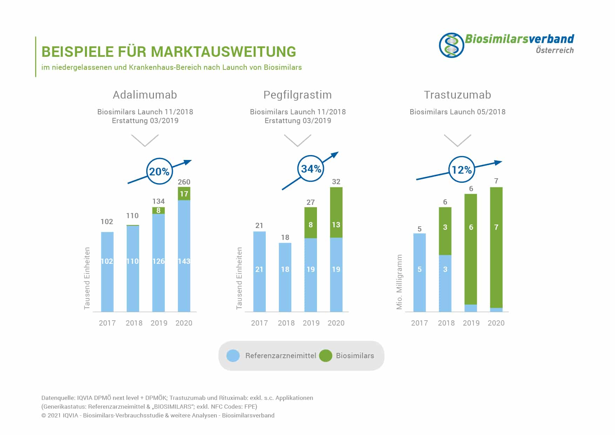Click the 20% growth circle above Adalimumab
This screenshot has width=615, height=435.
159,172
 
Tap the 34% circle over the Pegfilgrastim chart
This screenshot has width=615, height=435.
311,169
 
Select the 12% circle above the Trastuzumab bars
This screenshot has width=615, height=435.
461,170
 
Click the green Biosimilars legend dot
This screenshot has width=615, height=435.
325,356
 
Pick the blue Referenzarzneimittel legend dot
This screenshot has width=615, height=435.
233,356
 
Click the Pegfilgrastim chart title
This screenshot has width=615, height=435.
297,95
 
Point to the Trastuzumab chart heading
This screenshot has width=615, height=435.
457,95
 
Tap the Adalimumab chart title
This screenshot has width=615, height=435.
145,95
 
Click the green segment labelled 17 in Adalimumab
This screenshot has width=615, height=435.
184,194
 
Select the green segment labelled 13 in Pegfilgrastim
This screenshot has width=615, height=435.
336,213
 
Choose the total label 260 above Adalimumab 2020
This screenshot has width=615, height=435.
184,182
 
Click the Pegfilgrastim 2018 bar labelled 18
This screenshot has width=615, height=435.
285,277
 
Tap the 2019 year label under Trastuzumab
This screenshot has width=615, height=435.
471,323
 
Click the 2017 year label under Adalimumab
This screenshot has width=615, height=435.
107,323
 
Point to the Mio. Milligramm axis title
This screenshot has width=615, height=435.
399,282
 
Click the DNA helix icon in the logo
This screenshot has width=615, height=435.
451,45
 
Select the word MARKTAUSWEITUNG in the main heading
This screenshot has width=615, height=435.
223,52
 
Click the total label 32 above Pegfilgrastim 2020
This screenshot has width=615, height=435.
336,181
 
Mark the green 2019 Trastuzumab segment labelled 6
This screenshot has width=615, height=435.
471,249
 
